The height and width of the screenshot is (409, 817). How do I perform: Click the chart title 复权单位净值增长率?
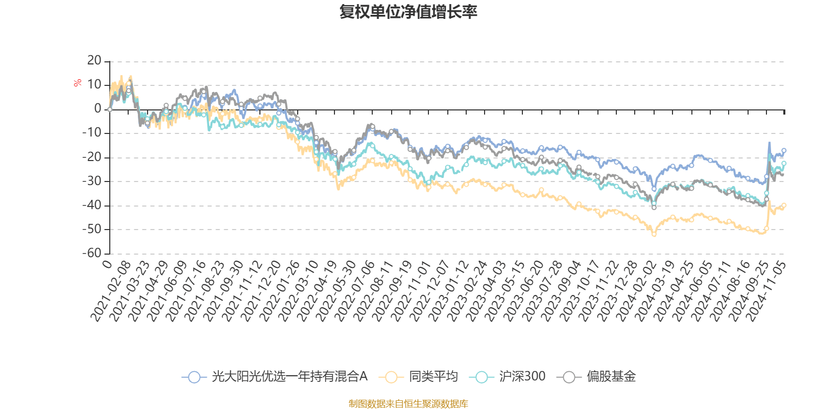408,12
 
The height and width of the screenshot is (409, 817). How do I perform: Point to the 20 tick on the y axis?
94,61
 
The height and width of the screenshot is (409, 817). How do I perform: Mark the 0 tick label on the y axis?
98,109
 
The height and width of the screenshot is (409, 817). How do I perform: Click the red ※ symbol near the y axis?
77,83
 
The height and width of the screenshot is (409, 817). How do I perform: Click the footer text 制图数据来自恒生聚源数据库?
408,404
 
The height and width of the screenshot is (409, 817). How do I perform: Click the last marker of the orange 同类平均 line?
784,205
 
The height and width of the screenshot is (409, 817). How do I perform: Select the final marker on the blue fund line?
784,150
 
